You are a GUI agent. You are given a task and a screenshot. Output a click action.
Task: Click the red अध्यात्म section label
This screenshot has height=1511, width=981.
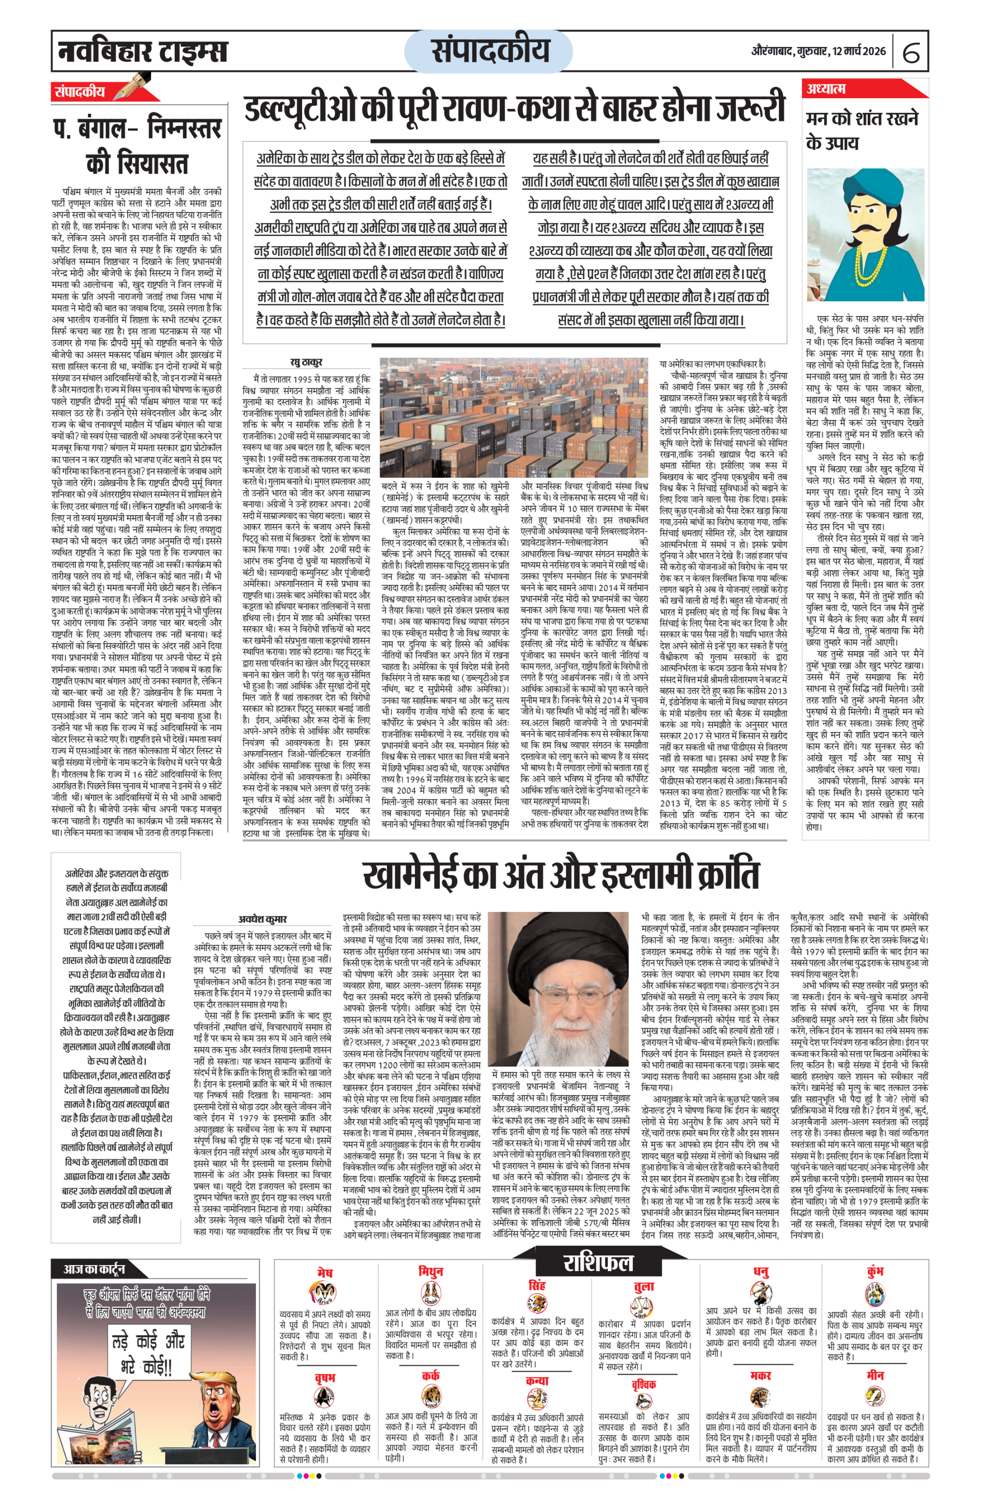point(826,89)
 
